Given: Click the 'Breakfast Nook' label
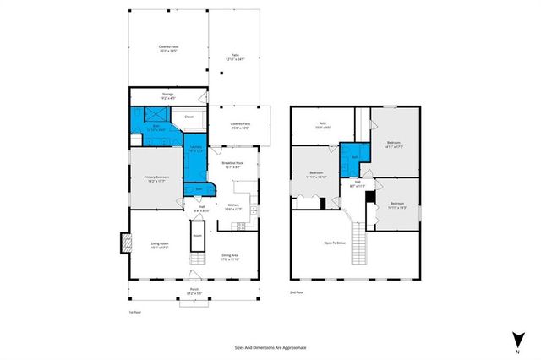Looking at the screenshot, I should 233,165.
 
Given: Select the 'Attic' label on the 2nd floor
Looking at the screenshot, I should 323,127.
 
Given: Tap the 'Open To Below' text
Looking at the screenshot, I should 335,244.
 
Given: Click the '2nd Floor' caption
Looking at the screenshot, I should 296,292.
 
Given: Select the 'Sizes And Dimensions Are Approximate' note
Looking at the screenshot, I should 270,347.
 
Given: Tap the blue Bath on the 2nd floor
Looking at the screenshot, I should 354,158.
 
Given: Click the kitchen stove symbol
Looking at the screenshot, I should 241,225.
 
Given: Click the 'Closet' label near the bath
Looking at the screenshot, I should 189,117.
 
